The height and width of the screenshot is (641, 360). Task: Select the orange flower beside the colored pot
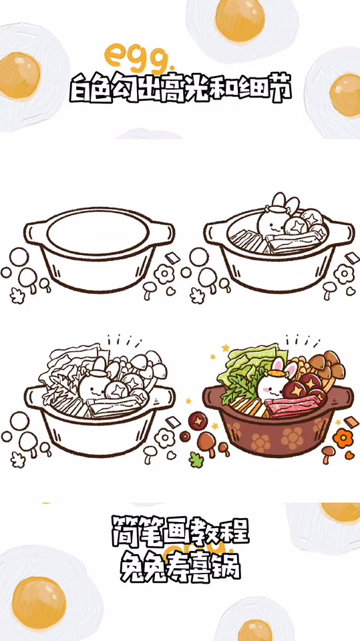[x=343, y=437]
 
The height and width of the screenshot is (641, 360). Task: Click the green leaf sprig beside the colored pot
[x=196, y=459]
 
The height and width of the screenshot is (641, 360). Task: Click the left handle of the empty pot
[x=33, y=233]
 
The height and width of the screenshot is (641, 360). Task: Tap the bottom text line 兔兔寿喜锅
[x=180, y=567]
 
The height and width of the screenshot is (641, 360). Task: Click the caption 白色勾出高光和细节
[x=180, y=89]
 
